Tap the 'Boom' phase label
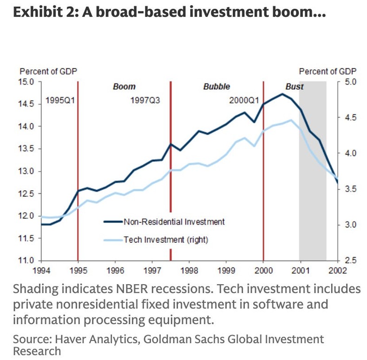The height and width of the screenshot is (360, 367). [x=124, y=87]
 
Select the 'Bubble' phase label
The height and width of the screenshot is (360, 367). [x=216, y=87]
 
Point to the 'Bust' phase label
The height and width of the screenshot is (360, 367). [x=294, y=87]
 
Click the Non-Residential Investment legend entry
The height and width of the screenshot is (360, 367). [x=174, y=222]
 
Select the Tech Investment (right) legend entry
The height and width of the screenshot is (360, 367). [x=165, y=240]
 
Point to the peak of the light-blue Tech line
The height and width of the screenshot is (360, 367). [x=291, y=120]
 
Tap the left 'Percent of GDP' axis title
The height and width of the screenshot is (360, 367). [x=48, y=72]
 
